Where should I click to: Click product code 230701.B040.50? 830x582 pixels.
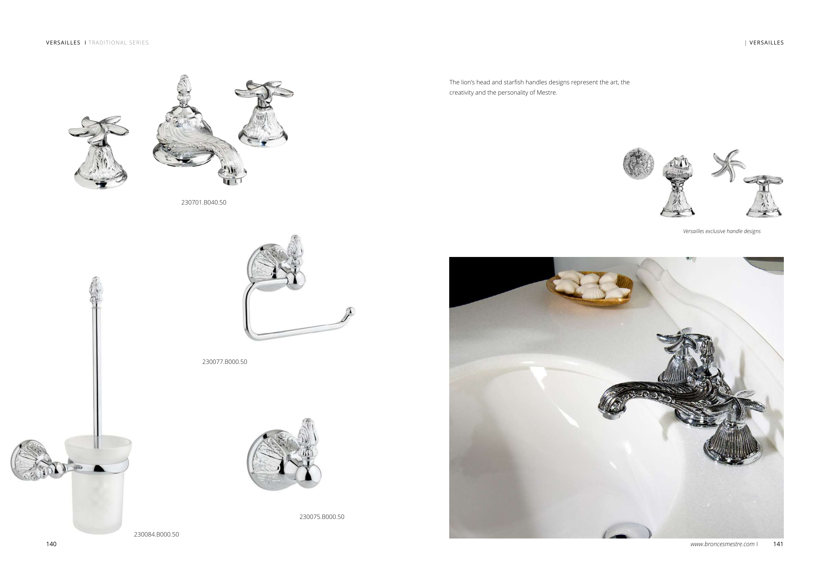click(204, 203)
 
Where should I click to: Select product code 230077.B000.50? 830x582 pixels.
click(224, 362)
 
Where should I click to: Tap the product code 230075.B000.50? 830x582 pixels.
click(322, 517)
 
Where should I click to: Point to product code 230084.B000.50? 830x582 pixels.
click(156, 534)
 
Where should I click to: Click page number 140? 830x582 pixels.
click(51, 544)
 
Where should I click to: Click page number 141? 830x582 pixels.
click(778, 544)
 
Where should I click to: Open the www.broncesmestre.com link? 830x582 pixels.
click(722, 544)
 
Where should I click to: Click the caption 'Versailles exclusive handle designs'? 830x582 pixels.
click(721, 231)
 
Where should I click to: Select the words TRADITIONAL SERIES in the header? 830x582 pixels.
click(119, 42)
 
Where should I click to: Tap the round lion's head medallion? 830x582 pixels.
click(639, 163)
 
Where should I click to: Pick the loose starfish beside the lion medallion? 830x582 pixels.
click(728, 165)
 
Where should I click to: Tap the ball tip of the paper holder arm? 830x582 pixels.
click(350, 311)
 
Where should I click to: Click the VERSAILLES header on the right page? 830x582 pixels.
click(766, 42)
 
